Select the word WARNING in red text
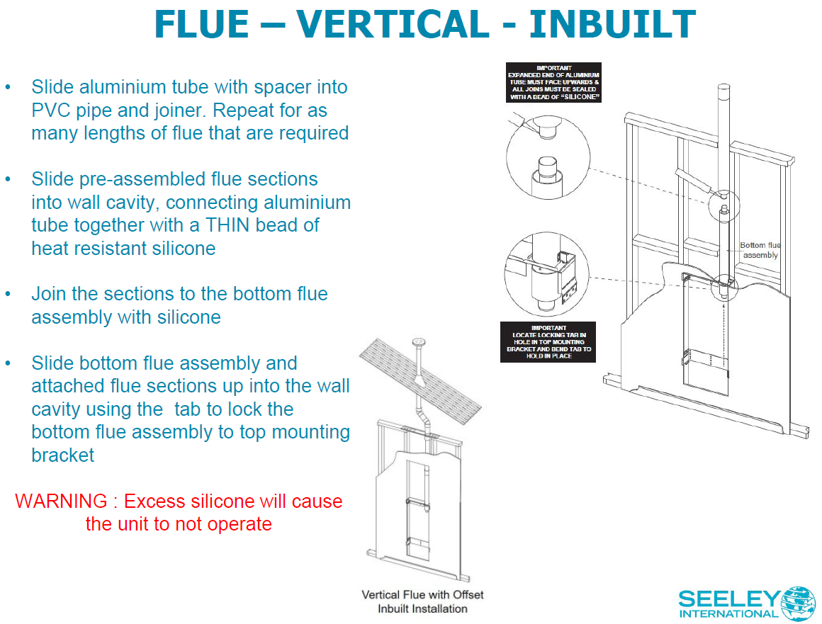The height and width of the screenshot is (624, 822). click(61, 501)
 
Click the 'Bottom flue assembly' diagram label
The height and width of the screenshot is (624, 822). click(760, 250)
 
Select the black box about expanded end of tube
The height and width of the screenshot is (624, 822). click(554, 82)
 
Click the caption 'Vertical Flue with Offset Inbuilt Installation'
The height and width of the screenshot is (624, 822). click(422, 601)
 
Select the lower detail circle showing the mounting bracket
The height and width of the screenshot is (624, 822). click(546, 275)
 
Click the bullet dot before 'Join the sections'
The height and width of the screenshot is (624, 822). click(8, 293)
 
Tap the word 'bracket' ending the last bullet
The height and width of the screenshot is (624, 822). click(63, 455)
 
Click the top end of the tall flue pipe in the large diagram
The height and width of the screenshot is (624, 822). click(724, 89)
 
